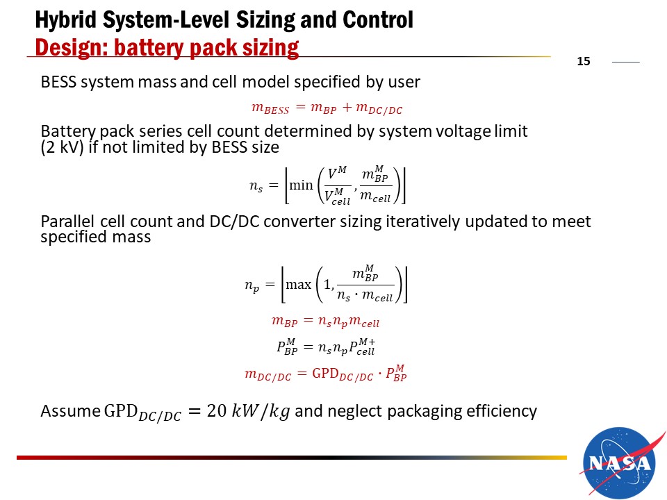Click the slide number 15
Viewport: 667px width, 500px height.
[583, 61]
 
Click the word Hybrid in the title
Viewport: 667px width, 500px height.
[66, 20]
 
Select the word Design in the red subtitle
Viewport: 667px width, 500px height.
[71, 48]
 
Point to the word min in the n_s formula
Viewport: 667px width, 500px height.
[301, 185]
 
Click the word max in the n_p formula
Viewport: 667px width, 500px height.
[299, 285]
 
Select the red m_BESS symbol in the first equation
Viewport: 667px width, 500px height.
[270, 108]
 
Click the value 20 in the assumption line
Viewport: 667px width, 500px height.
[217, 411]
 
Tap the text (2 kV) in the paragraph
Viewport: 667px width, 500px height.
[62, 147]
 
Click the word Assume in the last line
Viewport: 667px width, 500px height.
[70, 411]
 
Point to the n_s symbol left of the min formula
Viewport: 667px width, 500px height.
[256, 187]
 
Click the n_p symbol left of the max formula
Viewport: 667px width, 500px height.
[252, 285]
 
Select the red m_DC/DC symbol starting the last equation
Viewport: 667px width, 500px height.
[267, 375]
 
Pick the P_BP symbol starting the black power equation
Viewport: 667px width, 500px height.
[287, 347]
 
